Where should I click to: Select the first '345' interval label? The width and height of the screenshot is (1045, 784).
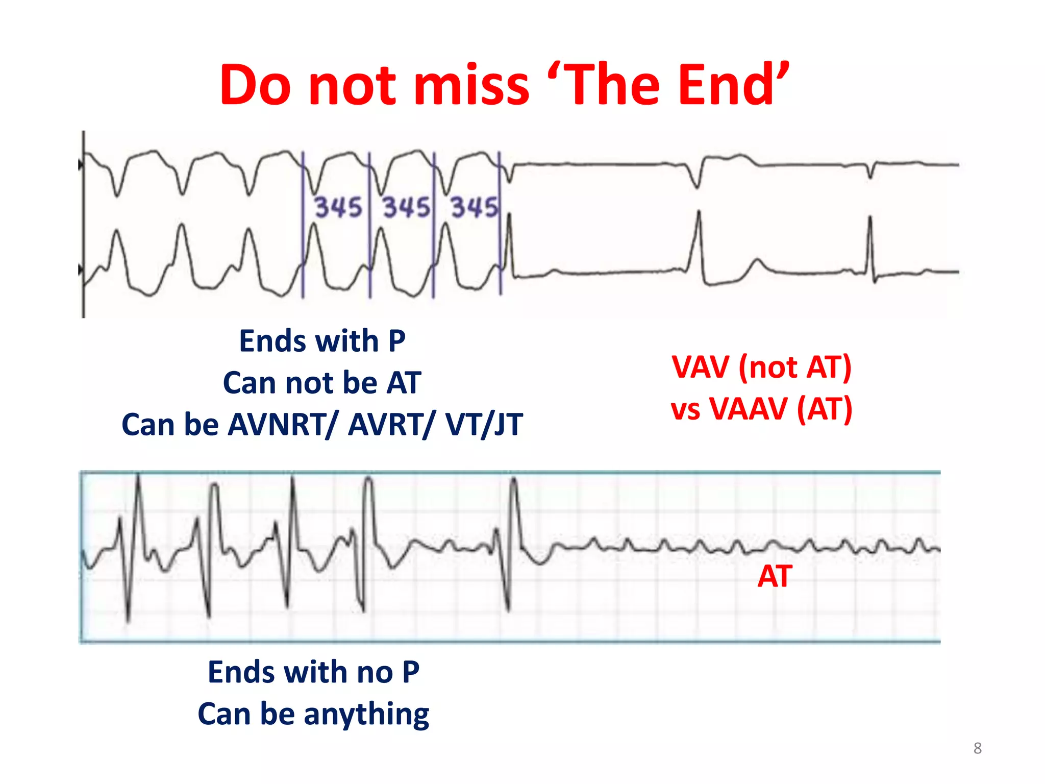click(337, 208)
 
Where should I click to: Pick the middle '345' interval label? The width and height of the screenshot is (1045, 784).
click(406, 208)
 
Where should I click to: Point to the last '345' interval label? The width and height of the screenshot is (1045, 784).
click(474, 208)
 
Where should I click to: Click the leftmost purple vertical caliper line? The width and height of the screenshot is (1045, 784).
click(303, 225)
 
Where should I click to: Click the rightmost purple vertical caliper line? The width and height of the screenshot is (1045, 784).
click(500, 225)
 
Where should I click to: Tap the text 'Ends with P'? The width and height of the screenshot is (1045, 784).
click(322, 341)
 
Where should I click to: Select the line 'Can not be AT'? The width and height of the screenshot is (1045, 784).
click(322, 383)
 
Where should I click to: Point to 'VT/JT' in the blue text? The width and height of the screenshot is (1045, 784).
click(484, 425)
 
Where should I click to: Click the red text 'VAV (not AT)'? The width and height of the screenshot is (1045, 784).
click(761, 367)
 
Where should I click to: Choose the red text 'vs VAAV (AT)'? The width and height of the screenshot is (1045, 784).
click(761, 409)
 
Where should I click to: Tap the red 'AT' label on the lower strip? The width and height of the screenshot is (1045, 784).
click(775, 577)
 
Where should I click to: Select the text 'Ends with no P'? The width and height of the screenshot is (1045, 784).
click(313, 672)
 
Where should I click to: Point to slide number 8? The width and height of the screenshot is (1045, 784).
click(977, 748)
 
